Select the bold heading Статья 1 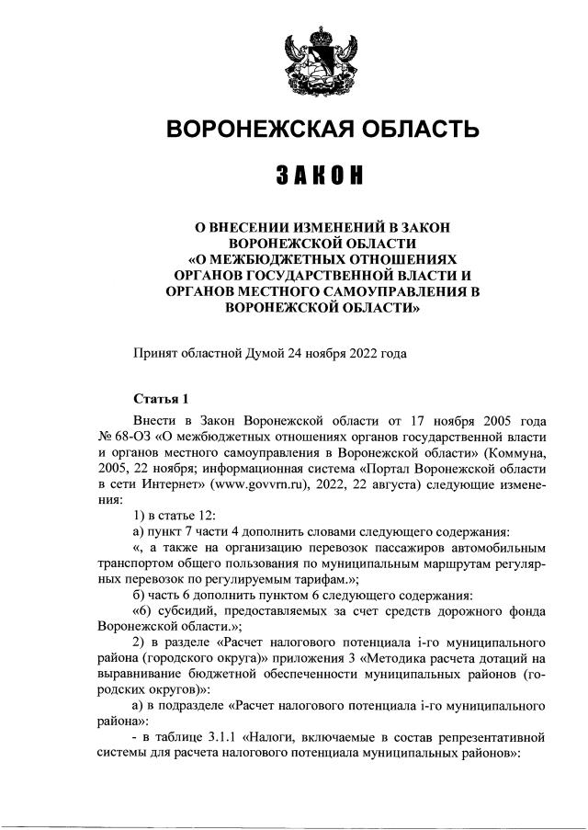tap(162, 399)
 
